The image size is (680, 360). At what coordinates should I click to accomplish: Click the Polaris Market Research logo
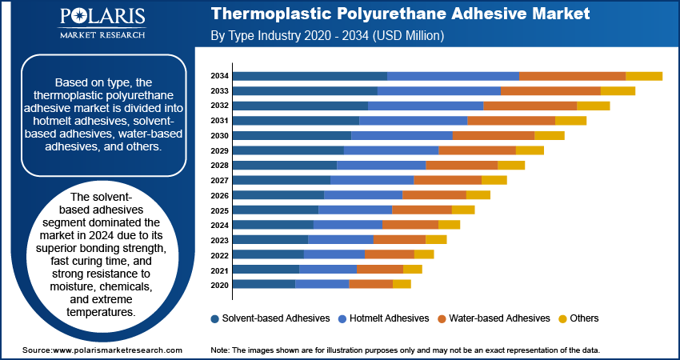[102, 23]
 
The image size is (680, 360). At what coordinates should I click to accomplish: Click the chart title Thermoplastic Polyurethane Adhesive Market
[400, 14]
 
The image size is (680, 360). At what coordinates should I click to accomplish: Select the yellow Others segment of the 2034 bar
[643, 76]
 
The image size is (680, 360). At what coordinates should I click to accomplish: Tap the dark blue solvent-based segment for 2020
[263, 284]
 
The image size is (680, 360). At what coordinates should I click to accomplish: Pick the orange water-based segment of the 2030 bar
[493, 135]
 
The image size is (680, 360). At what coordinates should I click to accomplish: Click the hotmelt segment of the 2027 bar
[372, 180]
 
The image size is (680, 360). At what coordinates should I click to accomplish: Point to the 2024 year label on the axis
[220, 225]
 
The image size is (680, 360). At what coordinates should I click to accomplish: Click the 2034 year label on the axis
[220, 76]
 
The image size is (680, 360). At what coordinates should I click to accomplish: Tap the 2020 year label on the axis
[220, 284]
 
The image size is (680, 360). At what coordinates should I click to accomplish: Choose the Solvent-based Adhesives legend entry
[270, 318]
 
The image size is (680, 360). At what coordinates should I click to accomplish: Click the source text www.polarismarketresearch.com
[102, 350]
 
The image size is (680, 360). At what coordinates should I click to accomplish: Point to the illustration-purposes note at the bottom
[405, 350]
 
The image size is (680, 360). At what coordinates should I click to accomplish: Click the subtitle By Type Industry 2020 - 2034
[327, 36]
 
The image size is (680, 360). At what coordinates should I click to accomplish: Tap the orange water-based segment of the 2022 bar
[389, 254]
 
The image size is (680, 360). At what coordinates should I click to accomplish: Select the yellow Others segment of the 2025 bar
[463, 210]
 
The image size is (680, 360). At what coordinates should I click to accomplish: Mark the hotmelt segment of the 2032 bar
[426, 106]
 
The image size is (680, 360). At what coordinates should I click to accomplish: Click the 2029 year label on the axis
[220, 150]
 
